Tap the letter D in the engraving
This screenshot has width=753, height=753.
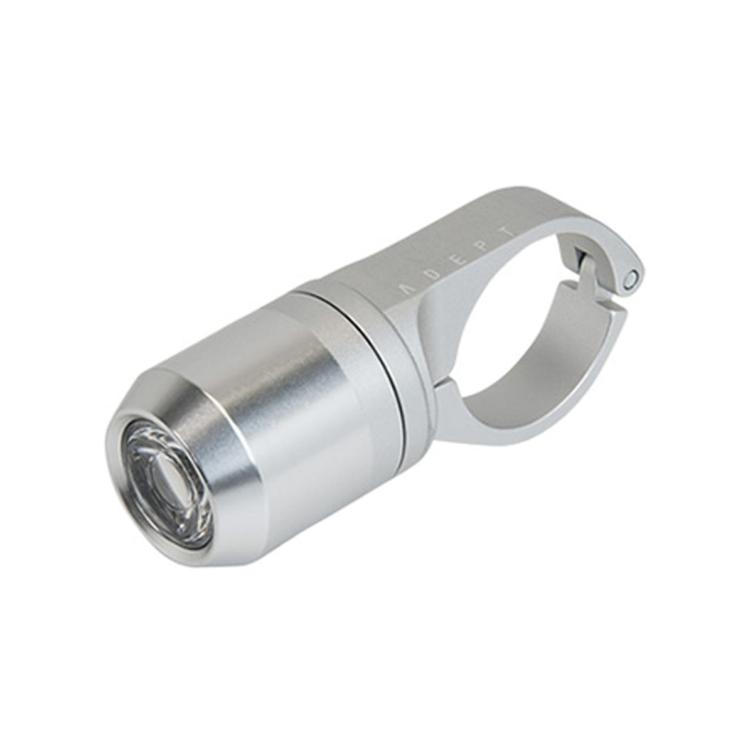(x=433, y=277)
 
